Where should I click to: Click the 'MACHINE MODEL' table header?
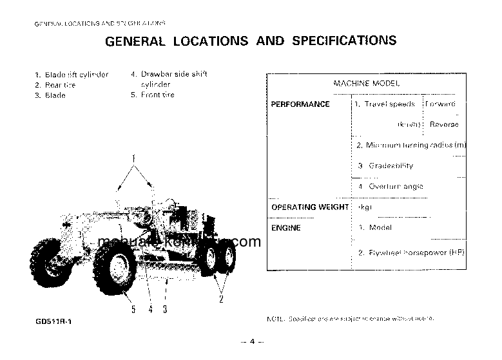click(x=366, y=84)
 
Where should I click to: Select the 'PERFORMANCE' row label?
click(x=300, y=104)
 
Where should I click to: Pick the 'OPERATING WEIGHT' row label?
click(x=310, y=207)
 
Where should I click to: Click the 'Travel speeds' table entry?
click(x=389, y=104)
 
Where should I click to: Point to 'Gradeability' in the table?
click(x=391, y=166)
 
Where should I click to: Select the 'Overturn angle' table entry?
click(x=396, y=187)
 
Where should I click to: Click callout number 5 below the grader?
click(x=133, y=310)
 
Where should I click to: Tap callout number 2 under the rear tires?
click(x=221, y=299)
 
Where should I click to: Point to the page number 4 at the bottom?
click(x=253, y=341)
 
